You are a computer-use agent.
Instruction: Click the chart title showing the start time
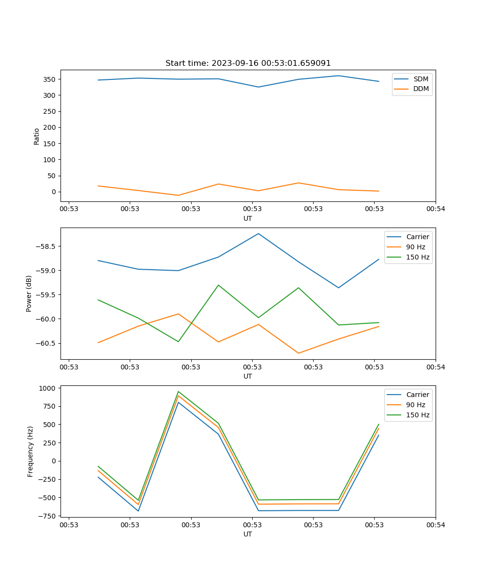point(248,63)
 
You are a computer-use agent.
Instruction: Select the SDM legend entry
point(421,79)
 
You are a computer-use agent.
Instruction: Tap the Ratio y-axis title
point(37,137)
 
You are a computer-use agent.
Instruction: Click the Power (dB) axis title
point(29,293)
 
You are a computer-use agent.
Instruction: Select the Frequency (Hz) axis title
point(30,451)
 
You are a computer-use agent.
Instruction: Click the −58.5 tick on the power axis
point(45,246)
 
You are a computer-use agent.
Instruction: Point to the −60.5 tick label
point(45,343)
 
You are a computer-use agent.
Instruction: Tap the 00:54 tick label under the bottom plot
point(436,524)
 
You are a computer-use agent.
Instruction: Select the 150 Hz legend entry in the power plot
point(418,257)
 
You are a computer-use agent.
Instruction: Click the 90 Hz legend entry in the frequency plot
point(416,405)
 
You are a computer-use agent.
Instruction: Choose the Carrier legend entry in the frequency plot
point(417,395)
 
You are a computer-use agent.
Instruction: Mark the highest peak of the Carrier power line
point(258,233)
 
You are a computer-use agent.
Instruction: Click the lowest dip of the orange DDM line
point(178,195)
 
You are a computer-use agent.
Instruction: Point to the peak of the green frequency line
point(178,391)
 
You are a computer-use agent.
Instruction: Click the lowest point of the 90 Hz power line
point(299,353)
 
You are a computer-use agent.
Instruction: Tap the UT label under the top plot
point(248,218)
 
